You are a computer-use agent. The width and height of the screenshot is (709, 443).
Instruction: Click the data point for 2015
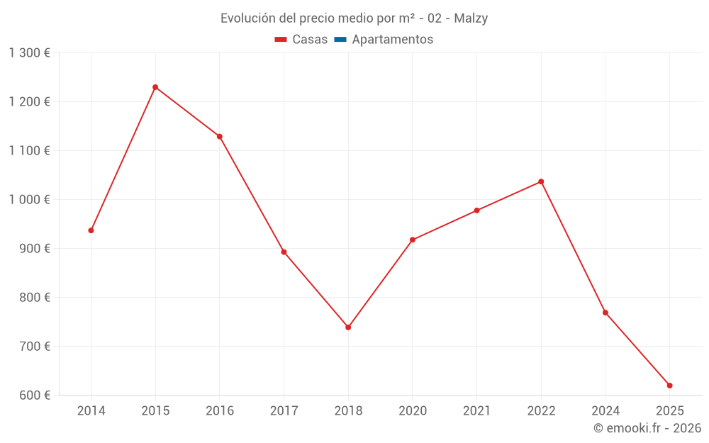point(155,87)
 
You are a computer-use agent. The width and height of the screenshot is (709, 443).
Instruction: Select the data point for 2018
point(348,327)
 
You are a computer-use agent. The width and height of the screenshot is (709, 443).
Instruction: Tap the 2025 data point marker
point(669,386)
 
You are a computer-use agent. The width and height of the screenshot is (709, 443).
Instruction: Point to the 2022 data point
point(541,181)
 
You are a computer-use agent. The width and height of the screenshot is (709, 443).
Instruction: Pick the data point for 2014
point(91,230)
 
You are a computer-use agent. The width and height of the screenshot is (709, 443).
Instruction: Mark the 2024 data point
point(605,313)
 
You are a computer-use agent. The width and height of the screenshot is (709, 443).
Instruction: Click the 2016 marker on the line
point(220,137)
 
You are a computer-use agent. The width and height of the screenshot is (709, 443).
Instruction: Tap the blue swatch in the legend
point(340,40)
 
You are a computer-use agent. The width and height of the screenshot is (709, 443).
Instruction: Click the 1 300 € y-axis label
point(29,52)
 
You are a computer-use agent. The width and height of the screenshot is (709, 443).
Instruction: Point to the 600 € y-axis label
point(34,395)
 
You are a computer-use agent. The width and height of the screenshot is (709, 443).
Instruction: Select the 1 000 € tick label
point(29,199)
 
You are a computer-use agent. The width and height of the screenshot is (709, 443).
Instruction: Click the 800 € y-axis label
point(34,297)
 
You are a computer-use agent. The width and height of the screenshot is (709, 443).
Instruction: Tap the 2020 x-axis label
point(413,410)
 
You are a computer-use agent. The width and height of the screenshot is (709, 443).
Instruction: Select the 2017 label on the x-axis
point(284,410)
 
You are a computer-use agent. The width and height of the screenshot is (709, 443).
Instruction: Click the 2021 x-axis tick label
point(476,410)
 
